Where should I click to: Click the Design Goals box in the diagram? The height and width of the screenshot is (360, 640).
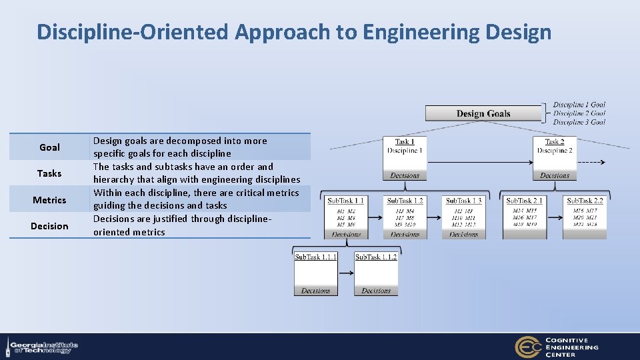pyautogui.click(x=483, y=113)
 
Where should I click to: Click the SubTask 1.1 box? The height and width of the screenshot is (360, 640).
pyautogui.click(x=346, y=217)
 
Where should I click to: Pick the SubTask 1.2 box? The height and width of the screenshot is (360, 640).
pyautogui.click(x=405, y=217)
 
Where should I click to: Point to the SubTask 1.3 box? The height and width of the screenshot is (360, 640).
pyautogui.click(x=463, y=217)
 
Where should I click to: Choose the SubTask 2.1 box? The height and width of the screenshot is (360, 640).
pyautogui.click(x=525, y=217)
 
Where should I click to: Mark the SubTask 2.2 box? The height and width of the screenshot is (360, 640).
pyautogui.click(x=585, y=217)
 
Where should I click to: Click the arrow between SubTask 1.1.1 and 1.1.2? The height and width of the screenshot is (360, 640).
pyautogui.click(x=345, y=273)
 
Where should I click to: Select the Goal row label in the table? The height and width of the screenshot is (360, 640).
pyautogui.click(x=49, y=147)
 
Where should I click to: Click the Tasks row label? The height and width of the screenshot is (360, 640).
pyautogui.click(x=49, y=173)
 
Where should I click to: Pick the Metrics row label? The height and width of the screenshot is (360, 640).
pyautogui.click(x=49, y=200)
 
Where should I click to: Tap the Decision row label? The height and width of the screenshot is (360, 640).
pyautogui.click(x=49, y=226)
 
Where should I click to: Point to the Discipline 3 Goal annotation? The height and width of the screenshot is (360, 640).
pyautogui.click(x=579, y=123)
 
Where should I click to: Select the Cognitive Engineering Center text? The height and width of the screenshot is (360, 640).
pyautogui.click(x=572, y=347)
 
